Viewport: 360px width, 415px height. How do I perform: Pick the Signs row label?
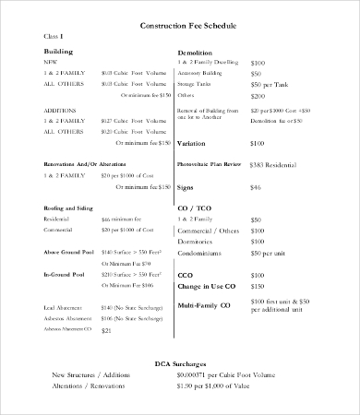(x=186, y=161)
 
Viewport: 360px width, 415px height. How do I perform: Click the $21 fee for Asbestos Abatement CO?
(x=106, y=304)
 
